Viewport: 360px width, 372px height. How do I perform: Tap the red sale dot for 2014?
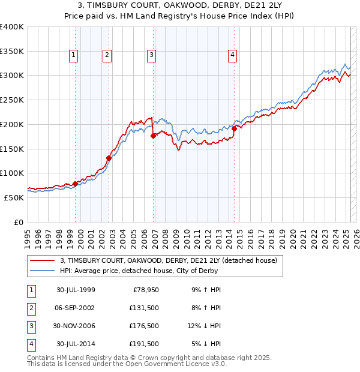coord(234,128)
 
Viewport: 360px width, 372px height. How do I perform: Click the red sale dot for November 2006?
coord(153,136)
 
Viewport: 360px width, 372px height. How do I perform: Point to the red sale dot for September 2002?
coord(109,158)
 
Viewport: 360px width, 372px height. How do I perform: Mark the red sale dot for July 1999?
coord(76,184)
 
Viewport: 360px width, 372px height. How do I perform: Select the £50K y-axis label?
coord(14,197)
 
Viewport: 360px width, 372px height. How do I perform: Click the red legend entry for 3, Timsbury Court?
coord(168,261)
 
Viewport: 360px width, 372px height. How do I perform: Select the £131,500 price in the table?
coord(144,308)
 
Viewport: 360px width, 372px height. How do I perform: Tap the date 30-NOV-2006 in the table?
coord(76,326)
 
